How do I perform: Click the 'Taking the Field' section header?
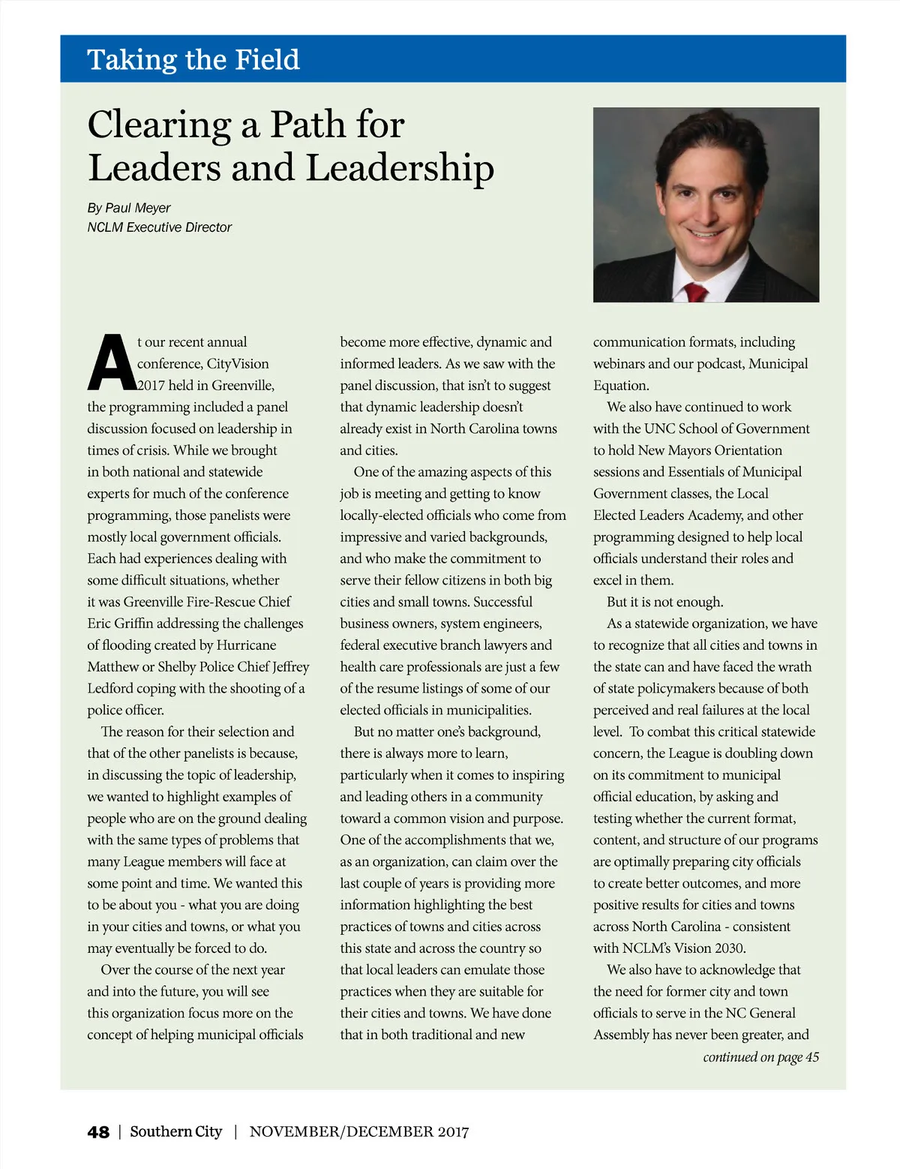(x=193, y=59)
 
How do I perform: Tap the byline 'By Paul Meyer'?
(x=129, y=208)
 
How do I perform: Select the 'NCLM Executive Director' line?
(x=159, y=227)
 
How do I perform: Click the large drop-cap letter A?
(x=111, y=364)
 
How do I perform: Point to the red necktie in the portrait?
(x=696, y=292)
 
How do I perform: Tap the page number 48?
(x=98, y=1132)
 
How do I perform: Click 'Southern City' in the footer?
(x=176, y=1131)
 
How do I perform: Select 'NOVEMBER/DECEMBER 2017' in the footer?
(x=359, y=1131)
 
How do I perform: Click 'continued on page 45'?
(x=760, y=1057)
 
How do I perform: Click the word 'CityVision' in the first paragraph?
(x=238, y=364)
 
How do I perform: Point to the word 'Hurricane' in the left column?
(x=246, y=645)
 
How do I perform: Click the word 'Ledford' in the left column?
(x=109, y=689)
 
